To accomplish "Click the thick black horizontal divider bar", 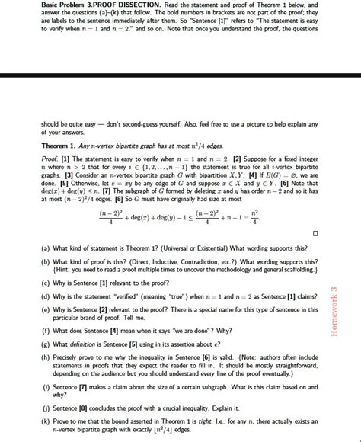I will click(x=180, y=75).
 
